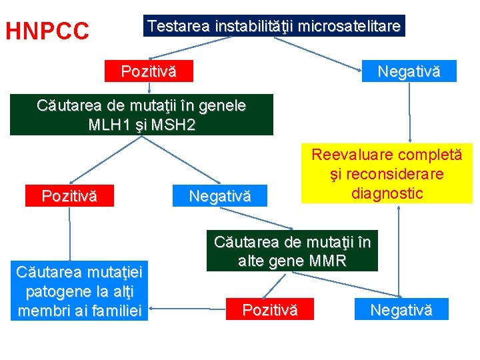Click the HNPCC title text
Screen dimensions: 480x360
[x=47, y=31]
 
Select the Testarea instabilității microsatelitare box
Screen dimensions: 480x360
[x=274, y=26]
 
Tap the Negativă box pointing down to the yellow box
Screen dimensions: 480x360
[x=408, y=71]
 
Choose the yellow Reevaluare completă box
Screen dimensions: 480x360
[x=387, y=174]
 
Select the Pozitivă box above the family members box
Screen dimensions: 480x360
[x=69, y=196]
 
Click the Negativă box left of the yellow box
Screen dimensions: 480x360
[x=219, y=196]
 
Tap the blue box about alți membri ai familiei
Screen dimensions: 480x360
[x=79, y=292]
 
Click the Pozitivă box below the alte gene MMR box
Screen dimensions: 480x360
[x=269, y=309]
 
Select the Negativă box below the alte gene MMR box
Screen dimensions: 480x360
[x=401, y=309]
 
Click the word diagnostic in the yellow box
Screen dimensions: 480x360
[x=387, y=193]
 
